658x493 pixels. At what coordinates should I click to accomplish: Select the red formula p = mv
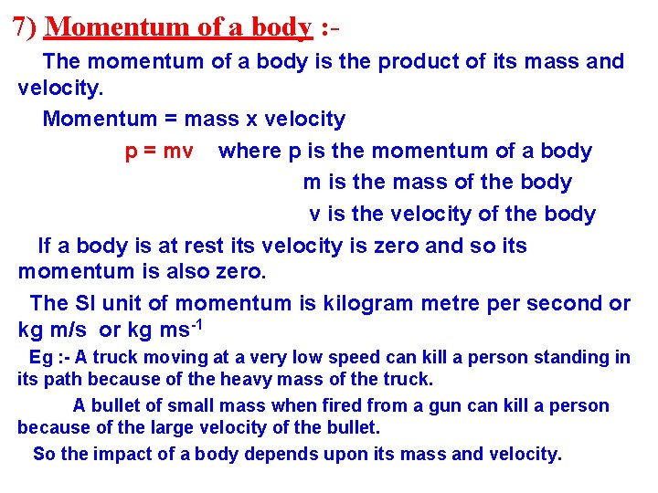point(159,152)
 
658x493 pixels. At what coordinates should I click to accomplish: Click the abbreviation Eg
point(41,358)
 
